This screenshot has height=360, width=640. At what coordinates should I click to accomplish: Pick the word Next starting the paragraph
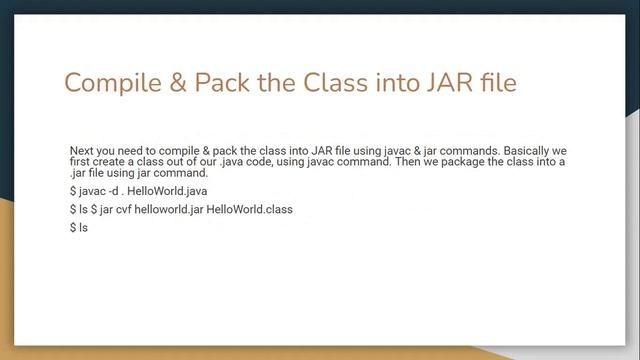[81, 150]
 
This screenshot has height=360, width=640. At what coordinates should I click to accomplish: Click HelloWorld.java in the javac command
[175, 190]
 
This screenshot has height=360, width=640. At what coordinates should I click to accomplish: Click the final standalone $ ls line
[80, 229]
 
